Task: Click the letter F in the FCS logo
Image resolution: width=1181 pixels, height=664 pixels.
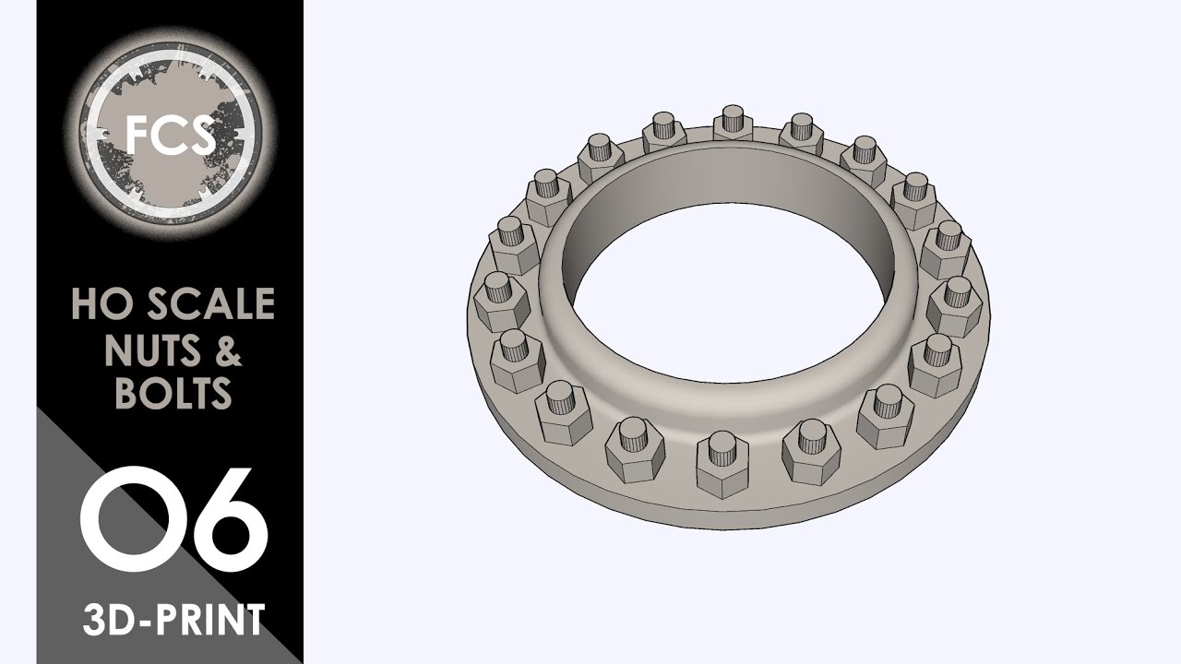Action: (x=138, y=135)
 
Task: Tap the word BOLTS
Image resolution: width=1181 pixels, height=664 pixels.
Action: (x=173, y=394)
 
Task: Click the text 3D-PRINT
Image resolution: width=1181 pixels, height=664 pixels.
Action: (x=173, y=619)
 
